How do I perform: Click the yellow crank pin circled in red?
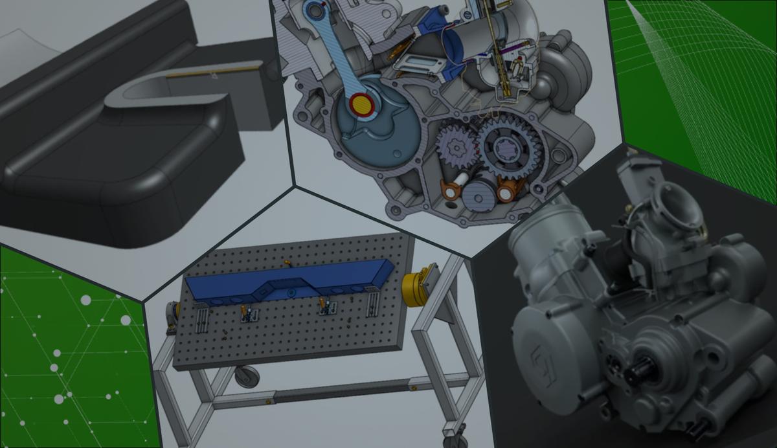(x=361, y=104)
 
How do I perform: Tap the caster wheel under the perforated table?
(x=247, y=376)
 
